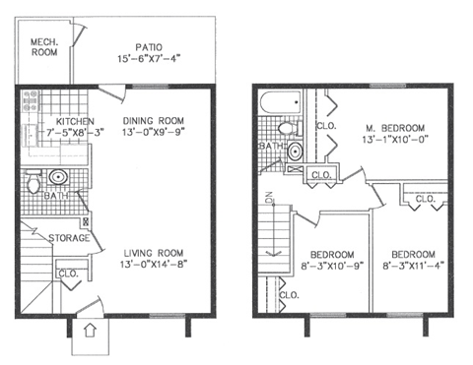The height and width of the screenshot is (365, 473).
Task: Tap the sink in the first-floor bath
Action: point(57,178)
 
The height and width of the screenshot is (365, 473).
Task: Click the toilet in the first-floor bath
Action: point(34,183)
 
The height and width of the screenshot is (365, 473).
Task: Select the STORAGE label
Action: point(70,238)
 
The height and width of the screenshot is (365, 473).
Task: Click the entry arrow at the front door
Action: point(88,332)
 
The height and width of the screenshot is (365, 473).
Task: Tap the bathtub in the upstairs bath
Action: point(279,103)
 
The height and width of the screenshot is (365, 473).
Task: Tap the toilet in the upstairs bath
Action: point(286,129)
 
